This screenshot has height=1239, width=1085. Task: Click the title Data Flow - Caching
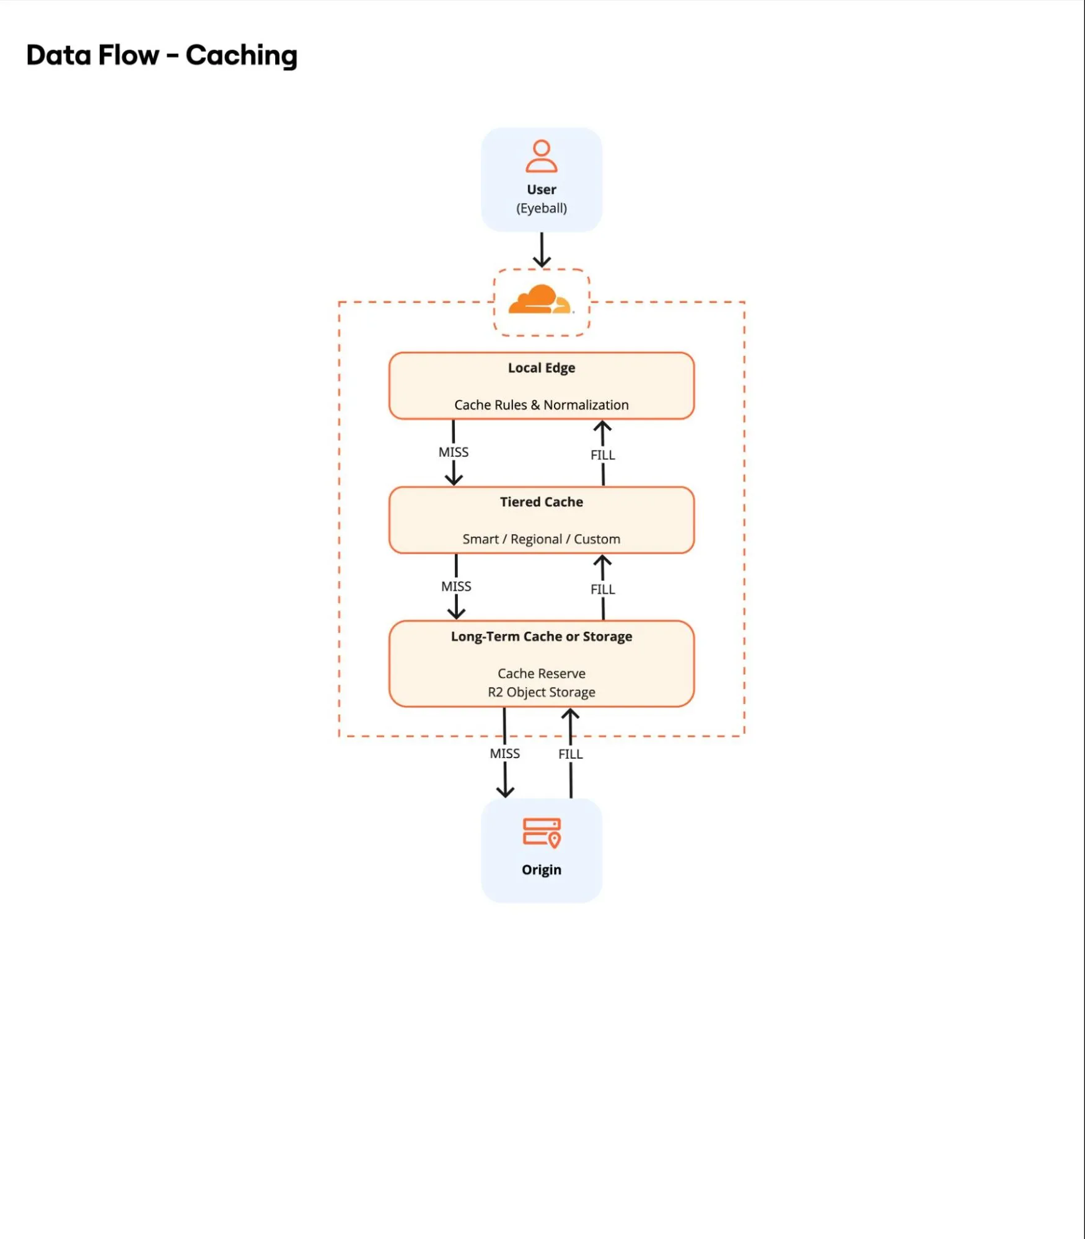tap(162, 55)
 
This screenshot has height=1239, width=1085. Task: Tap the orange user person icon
tap(541, 156)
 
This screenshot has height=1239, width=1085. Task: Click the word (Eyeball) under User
tap(541, 208)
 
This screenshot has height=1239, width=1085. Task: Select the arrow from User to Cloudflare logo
tap(542, 250)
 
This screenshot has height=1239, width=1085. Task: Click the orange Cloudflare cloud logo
tap(540, 301)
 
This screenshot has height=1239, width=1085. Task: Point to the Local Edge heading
tap(541, 368)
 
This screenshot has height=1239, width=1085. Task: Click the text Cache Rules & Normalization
tap(541, 405)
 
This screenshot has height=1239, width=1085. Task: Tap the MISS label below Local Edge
tap(453, 452)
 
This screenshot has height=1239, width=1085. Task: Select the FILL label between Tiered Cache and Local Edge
tap(602, 455)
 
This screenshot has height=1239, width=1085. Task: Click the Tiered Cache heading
tap(541, 502)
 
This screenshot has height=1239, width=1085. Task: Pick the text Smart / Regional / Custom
tap(541, 539)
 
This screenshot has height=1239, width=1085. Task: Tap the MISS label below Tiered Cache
tap(456, 586)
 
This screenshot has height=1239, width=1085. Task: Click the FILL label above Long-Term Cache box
tap(602, 589)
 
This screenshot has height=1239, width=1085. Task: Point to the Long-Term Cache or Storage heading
tap(541, 637)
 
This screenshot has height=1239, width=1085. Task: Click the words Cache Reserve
tap(541, 673)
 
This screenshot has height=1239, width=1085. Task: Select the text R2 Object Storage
tap(541, 692)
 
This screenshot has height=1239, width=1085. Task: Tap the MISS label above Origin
tap(504, 754)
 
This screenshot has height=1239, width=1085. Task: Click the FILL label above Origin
tap(570, 754)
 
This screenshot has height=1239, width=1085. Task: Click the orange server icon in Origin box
tap(542, 832)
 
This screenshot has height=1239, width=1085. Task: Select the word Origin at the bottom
tap(541, 870)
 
